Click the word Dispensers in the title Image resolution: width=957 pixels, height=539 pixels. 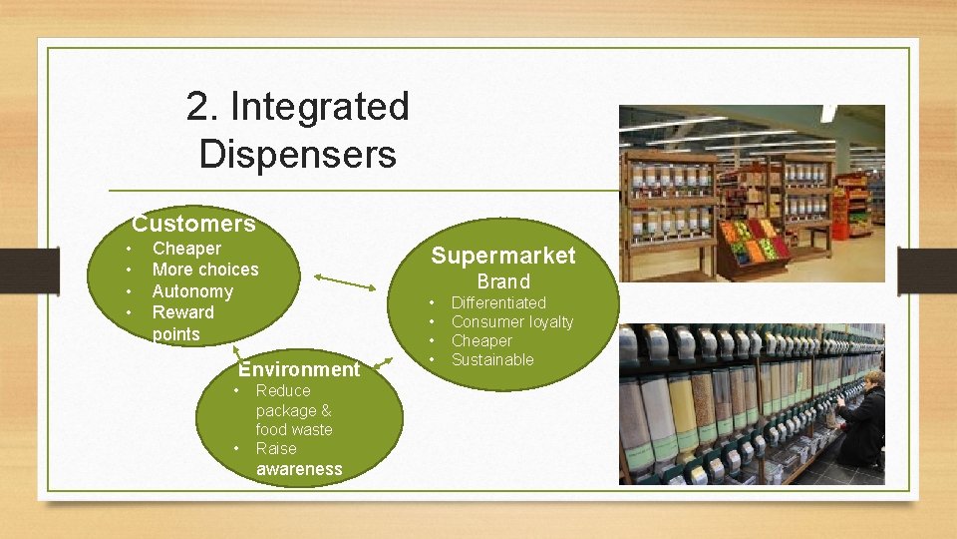pyautogui.click(x=297, y=155)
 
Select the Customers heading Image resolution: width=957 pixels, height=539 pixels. pyautogui.click(x=193, y=224)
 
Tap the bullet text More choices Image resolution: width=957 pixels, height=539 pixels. pyautogui.click(x=204, y=269)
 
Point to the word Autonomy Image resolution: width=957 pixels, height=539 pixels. pyautogui.click(x=191, y=291)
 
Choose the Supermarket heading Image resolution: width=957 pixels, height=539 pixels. pyautogui.click(x=502, y=256)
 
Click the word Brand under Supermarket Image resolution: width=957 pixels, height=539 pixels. pyautogui.click(x=502, y=281)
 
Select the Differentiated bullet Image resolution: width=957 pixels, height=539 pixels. pyautogui.click(x=498, y=302)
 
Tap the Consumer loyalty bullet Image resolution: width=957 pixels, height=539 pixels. pyautogui.click(x=511, y=321)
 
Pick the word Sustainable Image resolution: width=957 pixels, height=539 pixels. pyautogui.click(x=492, y=359)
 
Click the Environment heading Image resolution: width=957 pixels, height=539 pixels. pyautogui.click(x=299, y=369)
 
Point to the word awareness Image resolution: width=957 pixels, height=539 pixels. pyautogui.click(x=298, y=469)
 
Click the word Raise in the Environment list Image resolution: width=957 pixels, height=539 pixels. pyautogui.click(x=276, y=449)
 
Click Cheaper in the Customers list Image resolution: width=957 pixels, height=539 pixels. pyautogui.click(x=186, y=249)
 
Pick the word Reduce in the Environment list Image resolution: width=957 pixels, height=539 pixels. pyautogui.click(x=283, y=390)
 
